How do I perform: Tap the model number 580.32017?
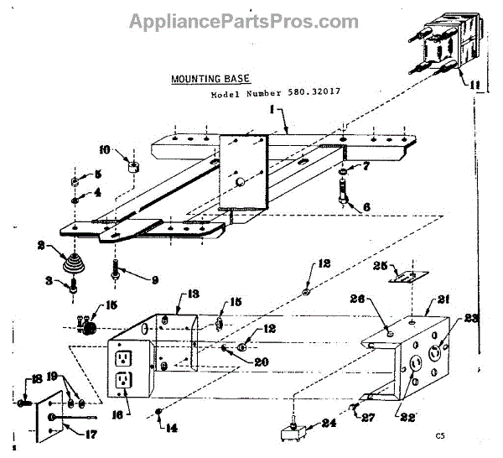coord(280,95)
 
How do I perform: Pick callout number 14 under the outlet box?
coord(172,429)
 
